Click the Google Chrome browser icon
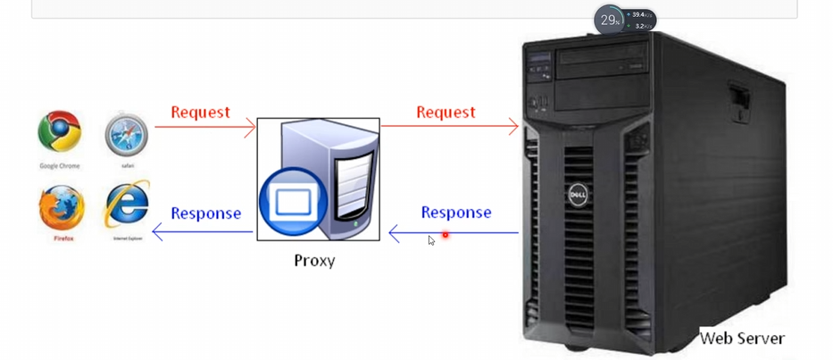pyautogui.click(x=60, y=133)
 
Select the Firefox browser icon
pyautogui.click(x=62, y=207)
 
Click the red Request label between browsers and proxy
pyautogui.click(x=200, y=113)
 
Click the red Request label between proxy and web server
pyautogui.click(x=446, y=113)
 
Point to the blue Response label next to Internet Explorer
pyautogui.click(x=205, y=213)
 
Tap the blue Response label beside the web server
pyautogui.click(x=456, y=213)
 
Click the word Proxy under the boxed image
pyautogui.click(x=314, y=261)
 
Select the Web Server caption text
pyautogui.click(x=742, y=339)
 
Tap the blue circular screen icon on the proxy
pyautogui.click(x=288, y=202)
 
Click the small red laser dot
pyautogui.click(x=445, y=235)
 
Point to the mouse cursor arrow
pyautogui.click(x=431, y=240)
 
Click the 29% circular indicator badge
pyautogui.click(x=609, y=20)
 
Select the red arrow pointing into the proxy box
pyautogui.click(x=205, y=127)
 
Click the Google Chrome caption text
pyautogui.click(x=60, y=166)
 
